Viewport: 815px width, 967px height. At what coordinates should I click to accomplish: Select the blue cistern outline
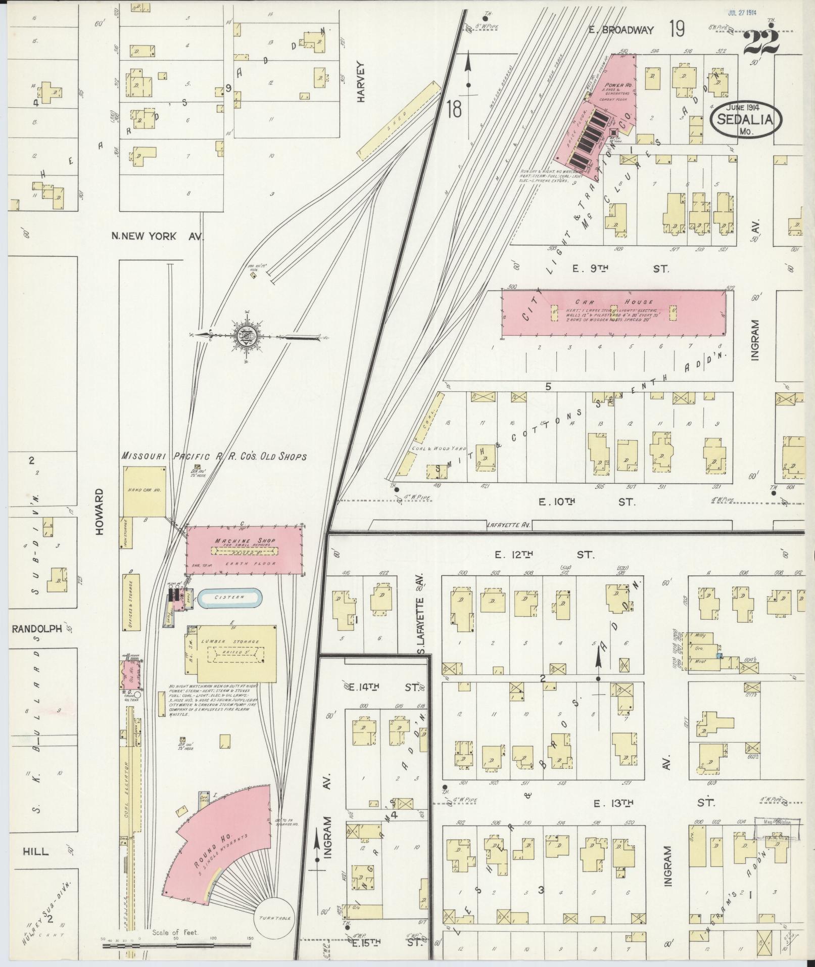click(229, 597)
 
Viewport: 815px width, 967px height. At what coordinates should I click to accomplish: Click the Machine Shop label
click(245, 541)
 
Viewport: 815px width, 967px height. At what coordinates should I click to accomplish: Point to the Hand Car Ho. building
click(145, 491)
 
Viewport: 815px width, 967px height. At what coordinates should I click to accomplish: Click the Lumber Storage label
click(236, 641)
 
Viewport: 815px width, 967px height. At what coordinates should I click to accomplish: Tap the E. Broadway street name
click(621, 30)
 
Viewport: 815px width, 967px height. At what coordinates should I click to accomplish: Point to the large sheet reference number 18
click(454, 109)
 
